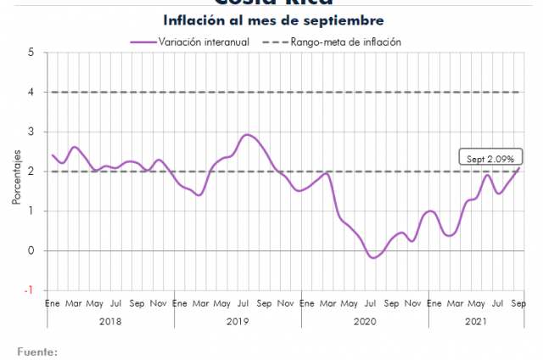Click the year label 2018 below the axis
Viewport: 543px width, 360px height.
pyautogui.click(x=110, y=321)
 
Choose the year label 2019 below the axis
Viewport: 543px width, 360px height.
pyautogui.click(x=238, y=321)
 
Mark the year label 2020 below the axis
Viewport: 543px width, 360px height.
pyautogui.click(x=365, y=321)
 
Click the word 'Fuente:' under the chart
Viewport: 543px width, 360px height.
pyautogui.click(x=37, y=350)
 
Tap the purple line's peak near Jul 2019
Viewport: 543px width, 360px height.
pyautogui.click(x=247, y=134)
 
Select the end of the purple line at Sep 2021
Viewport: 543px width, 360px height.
pyautogui.click(x=518, y=167)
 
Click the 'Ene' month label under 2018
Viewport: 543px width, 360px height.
pyautogui.click(x=52, y=303)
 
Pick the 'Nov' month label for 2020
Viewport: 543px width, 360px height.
pyautogui.click(x=412, y=303)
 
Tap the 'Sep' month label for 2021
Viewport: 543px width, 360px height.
pyautogui.click(x=518, y=303)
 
